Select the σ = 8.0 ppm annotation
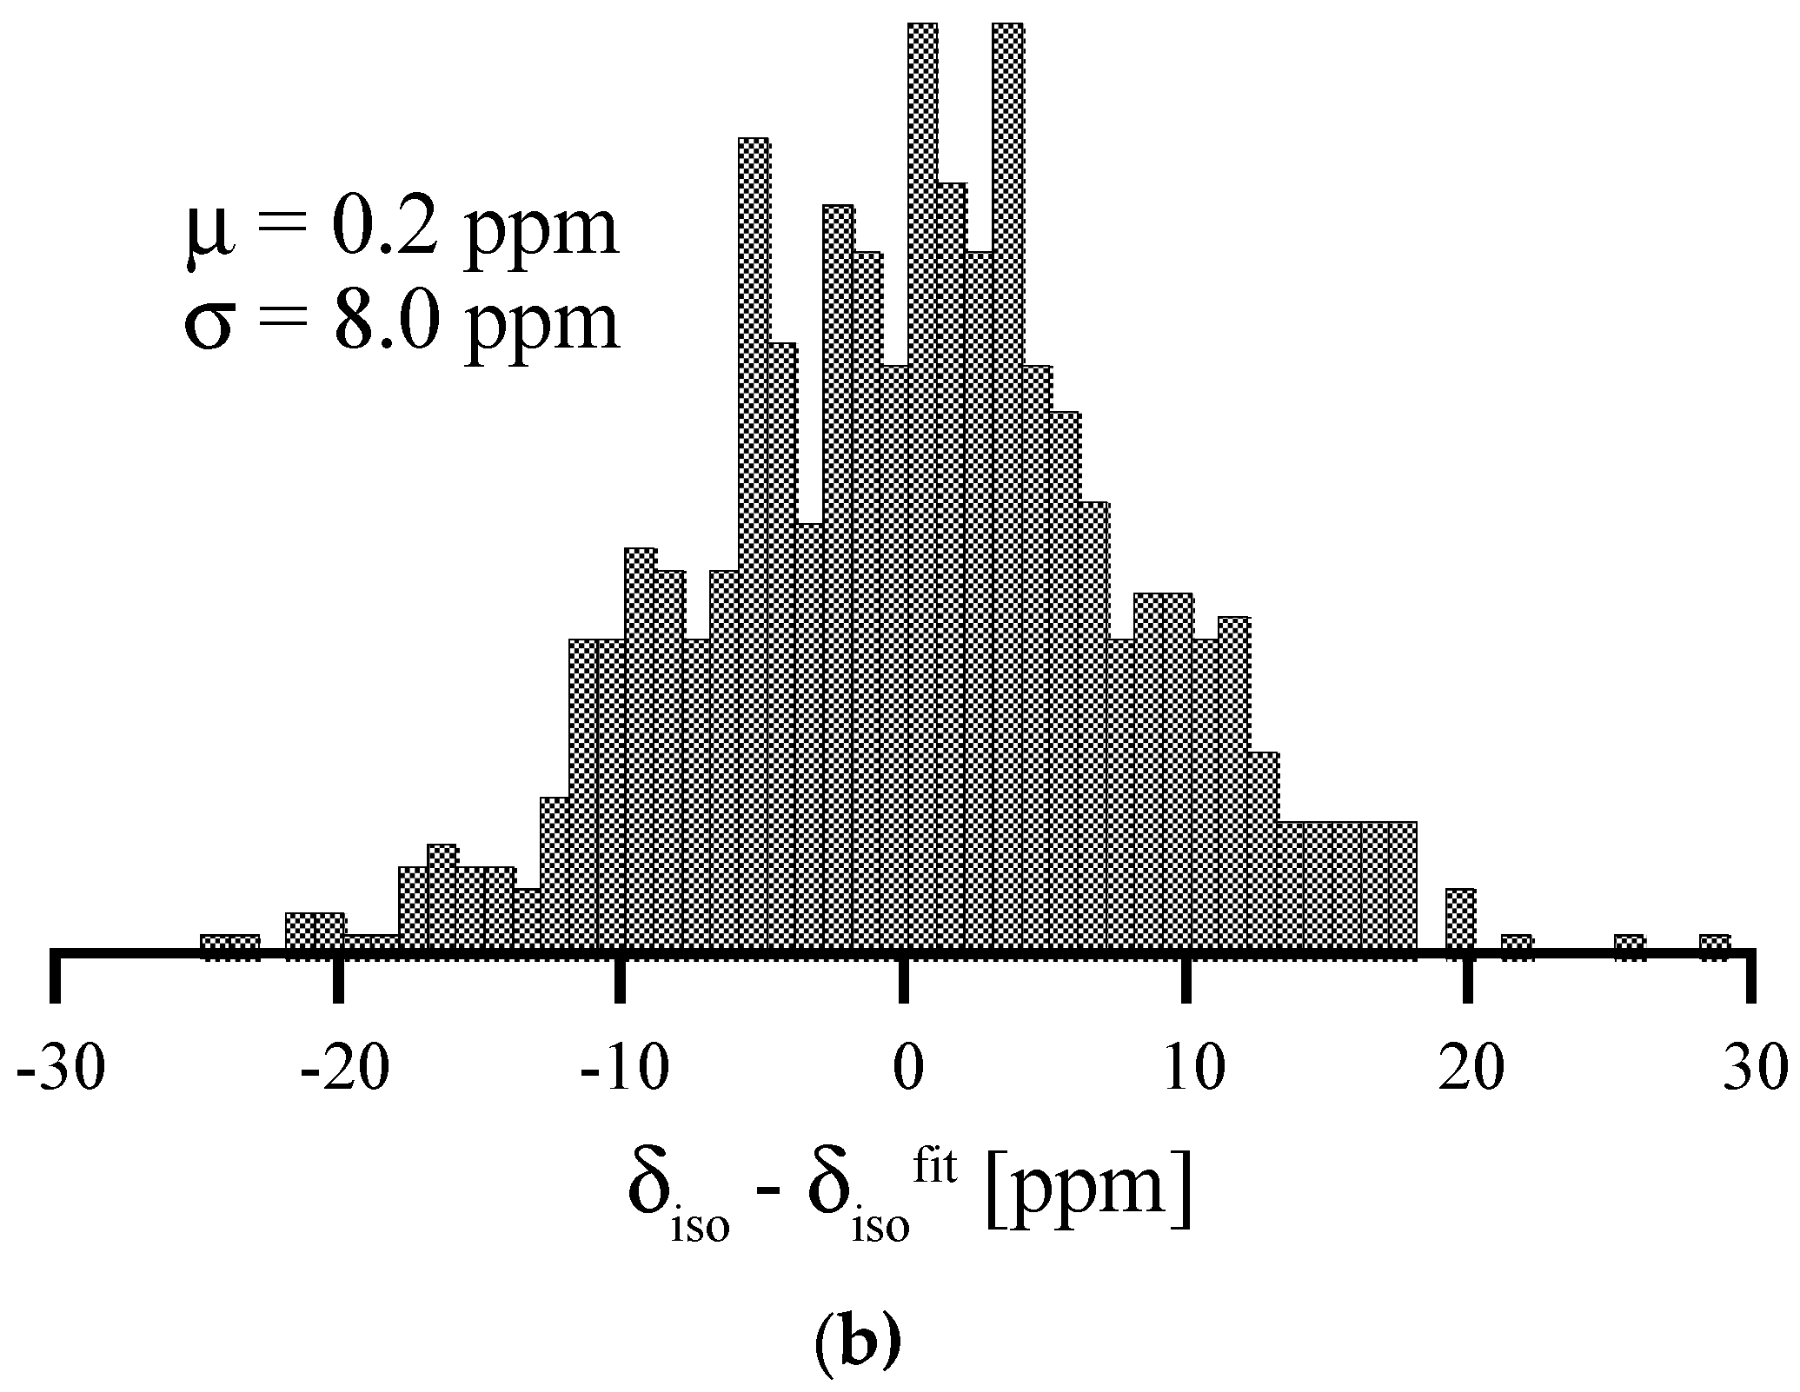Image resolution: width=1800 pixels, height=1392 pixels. coord(402,322)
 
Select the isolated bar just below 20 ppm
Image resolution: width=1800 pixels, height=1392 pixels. coord(1460,923)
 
